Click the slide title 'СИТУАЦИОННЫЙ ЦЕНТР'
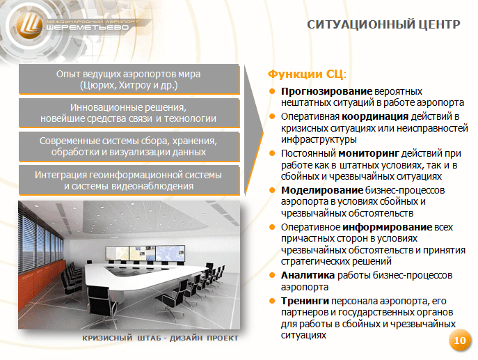coord(383,24)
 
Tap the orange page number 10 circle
coord(460,341)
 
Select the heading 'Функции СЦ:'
coord(307,74)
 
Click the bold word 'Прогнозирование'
coord(326,91)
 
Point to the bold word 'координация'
coord(375,116)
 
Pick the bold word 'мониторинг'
coord(369,153)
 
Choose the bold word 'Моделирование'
coord(322,190)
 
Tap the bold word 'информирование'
coord(387,227)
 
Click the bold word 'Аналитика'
coord(308,275)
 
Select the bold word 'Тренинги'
coord(305,301)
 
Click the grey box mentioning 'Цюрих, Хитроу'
coord(129,79)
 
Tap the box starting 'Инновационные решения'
coord(129,113)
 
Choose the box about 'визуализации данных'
coord(129,146)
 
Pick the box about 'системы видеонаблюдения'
coord(129,180)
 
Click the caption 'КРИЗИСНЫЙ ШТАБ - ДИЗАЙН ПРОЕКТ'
coord(160,338)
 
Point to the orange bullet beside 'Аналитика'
coord(272,276)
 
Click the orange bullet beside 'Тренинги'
coord(272,301)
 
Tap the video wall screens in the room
coord(145,253)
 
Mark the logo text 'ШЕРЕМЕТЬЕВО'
coord(88,27)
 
